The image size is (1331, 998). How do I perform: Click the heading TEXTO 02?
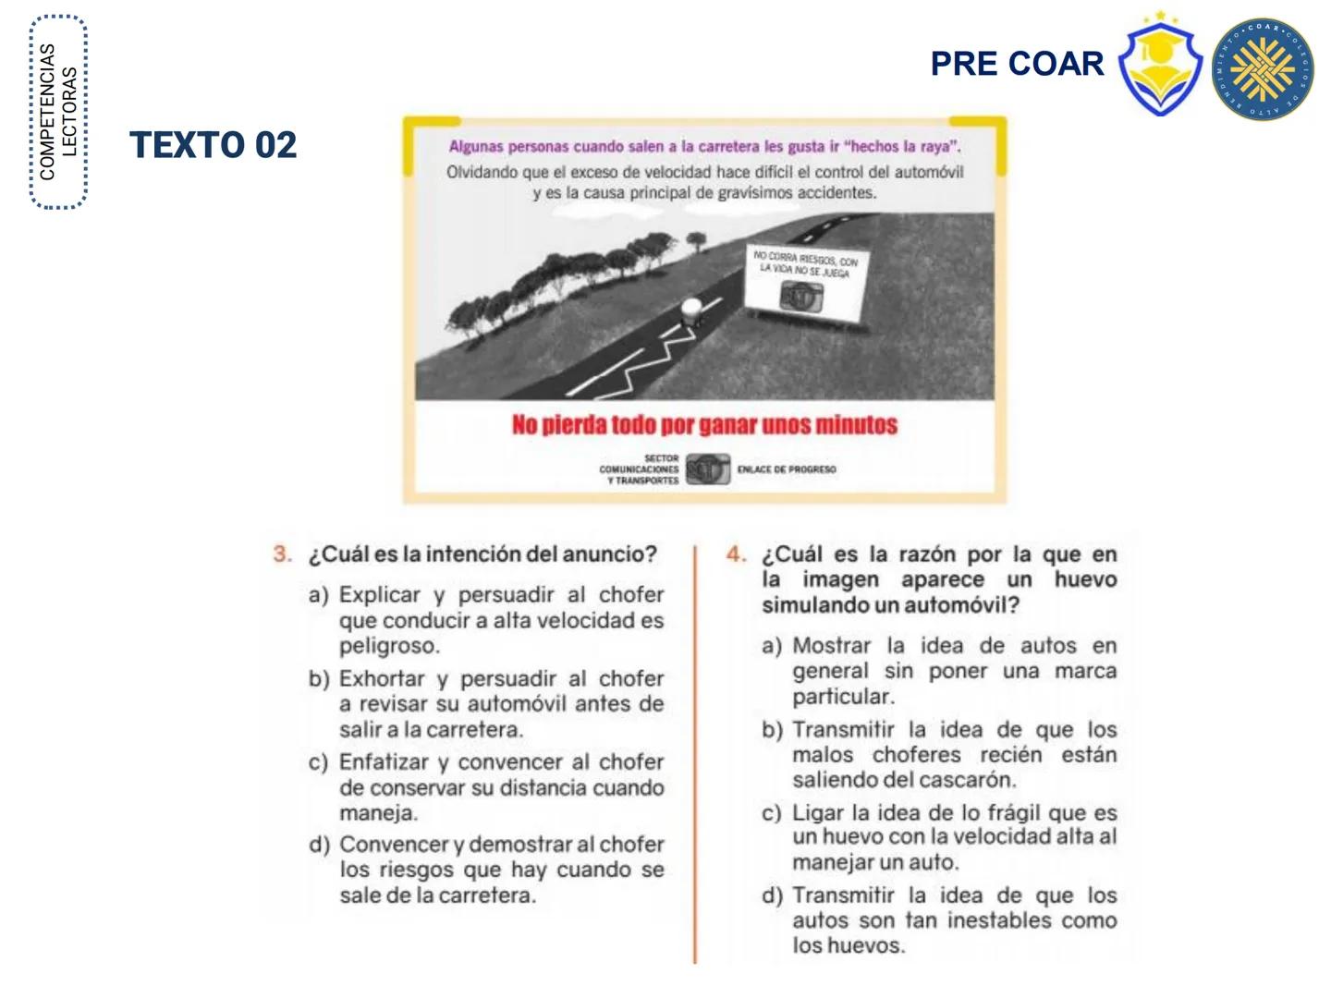coord(214,145)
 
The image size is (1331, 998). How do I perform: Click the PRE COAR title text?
coord(1017,64)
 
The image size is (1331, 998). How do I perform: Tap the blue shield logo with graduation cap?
coord(1160,67)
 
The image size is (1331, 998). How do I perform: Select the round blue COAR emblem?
coord(1263,69)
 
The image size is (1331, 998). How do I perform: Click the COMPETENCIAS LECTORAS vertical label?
coord(58,113)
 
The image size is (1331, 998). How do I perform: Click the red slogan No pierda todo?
coord(704,425)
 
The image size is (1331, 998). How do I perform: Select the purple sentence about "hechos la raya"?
coord(704,146)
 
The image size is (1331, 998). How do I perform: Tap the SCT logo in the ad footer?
coord(707,469)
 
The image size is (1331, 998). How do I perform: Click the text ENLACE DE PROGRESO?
coord(787,469)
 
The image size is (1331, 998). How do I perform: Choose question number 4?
coord(736,554)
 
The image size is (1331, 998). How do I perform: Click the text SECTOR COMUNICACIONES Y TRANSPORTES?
coord(640,469)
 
